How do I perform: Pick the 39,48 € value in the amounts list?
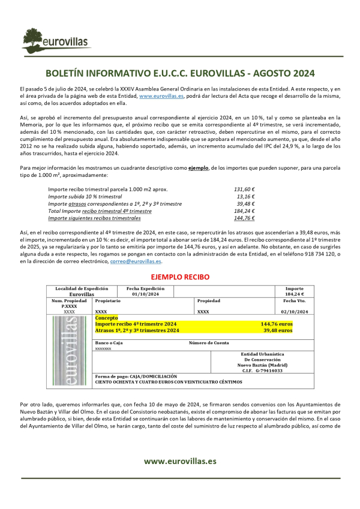pyautogui.click(x=245, y=204)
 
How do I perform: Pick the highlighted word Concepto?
pyautogui.click(x=107, y=318)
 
